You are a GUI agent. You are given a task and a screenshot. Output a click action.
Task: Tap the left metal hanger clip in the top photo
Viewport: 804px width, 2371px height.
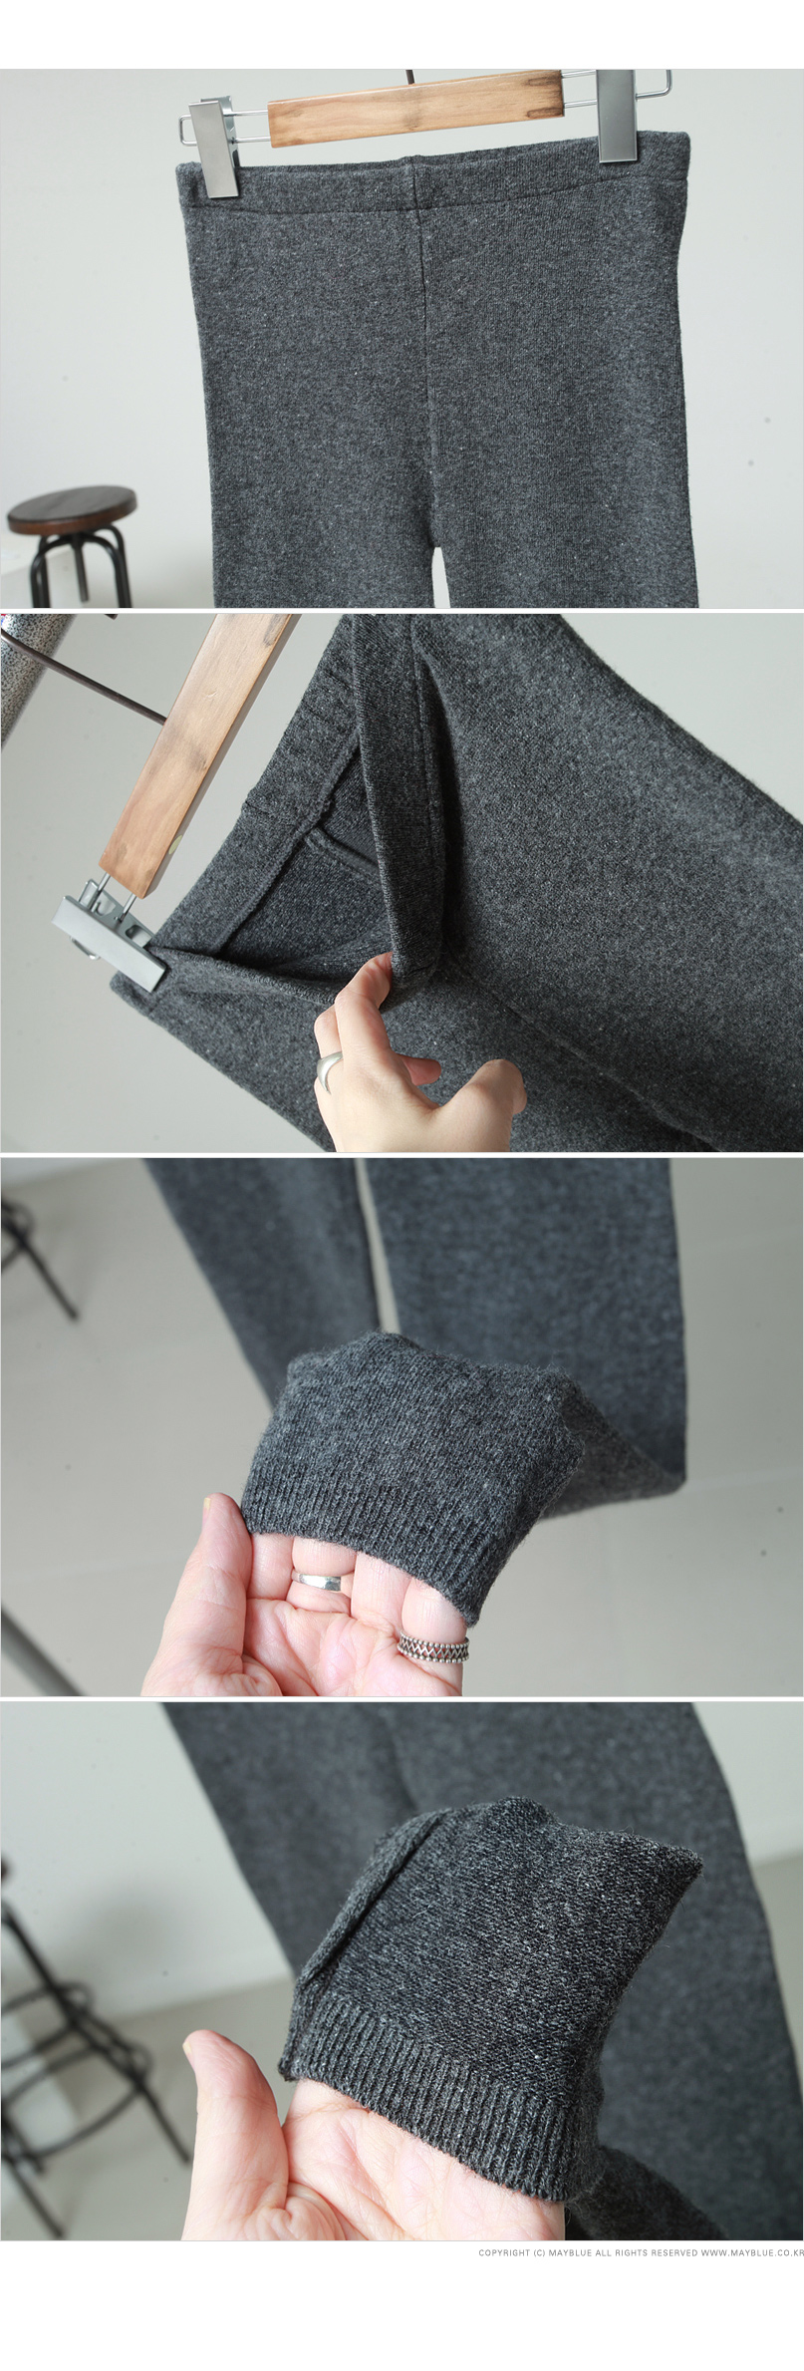(x=213, y=148)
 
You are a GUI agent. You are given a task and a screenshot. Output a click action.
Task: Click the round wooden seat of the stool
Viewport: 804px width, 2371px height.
(x=73, y=511)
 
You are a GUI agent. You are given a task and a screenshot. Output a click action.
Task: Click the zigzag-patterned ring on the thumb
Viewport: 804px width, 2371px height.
(x=433, y=1648)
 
